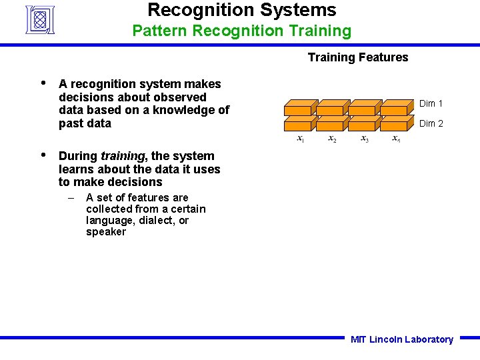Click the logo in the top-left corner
(41, 19)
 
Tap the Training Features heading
(358, 57)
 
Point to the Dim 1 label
(431, 103)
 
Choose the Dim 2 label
(431, 123)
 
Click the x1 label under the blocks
(301, 139)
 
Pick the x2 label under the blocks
(332, 139)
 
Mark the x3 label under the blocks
(364, 139)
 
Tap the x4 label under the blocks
(396, 139)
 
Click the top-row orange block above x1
(299, 108)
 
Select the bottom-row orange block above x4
(395, 124)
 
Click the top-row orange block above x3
(363, 108)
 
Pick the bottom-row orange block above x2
(331, 124)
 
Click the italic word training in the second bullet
(123, 156)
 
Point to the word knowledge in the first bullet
(185, 110)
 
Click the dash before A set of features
(71, 198)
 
